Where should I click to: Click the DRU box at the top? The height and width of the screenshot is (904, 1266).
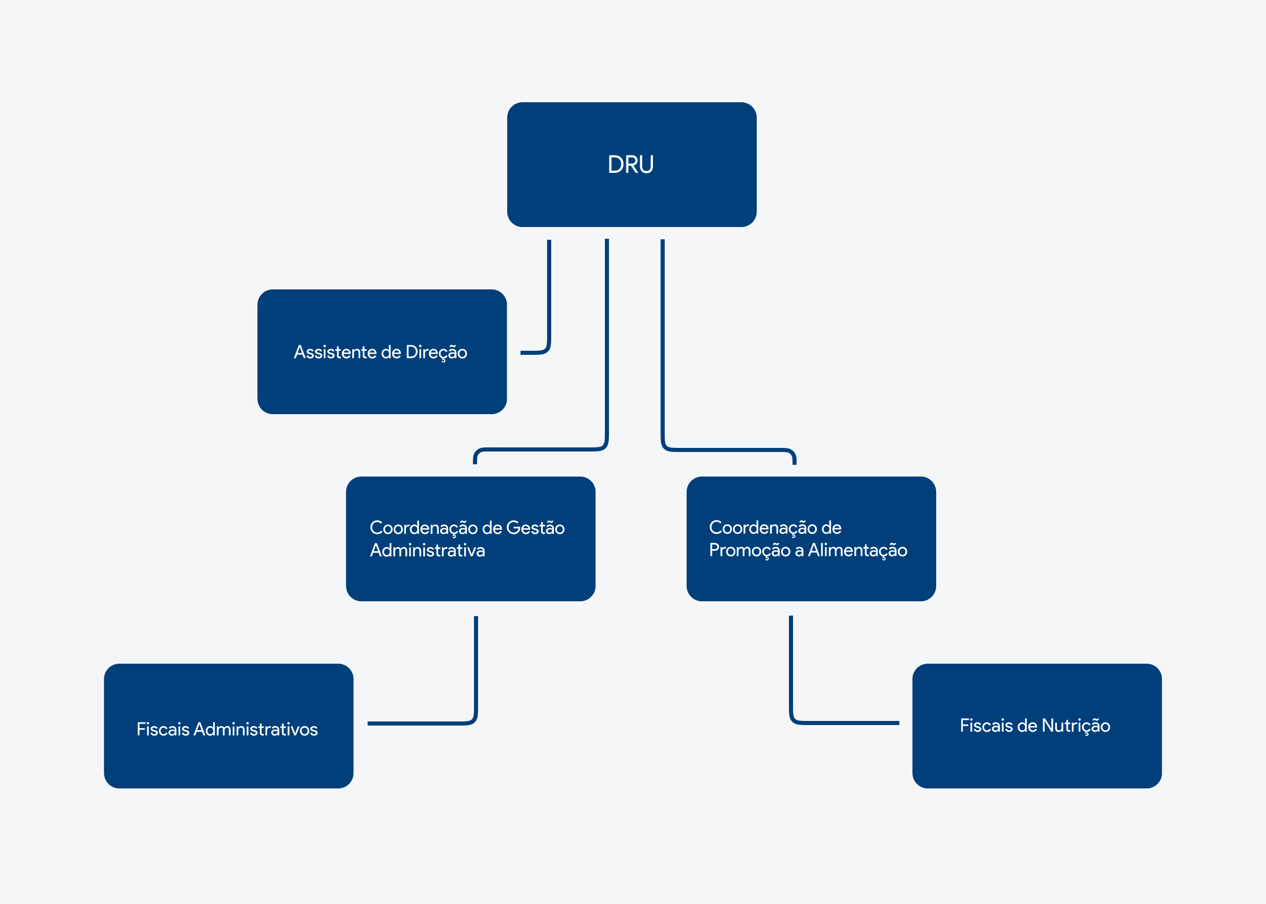631,164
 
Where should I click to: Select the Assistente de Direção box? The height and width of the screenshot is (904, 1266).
382,351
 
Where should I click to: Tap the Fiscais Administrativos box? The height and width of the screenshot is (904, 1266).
228,726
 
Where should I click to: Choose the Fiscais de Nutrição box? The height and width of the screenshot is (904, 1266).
1037,726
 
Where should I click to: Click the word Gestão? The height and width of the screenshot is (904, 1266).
535,528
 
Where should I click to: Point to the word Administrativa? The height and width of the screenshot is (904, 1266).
427,550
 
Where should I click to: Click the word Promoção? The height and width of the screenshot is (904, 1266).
750,551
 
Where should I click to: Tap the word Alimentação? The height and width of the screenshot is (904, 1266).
857,551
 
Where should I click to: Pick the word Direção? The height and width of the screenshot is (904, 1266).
436,352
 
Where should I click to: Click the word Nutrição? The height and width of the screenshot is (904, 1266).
1076,726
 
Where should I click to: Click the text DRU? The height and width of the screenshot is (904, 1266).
630,165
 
